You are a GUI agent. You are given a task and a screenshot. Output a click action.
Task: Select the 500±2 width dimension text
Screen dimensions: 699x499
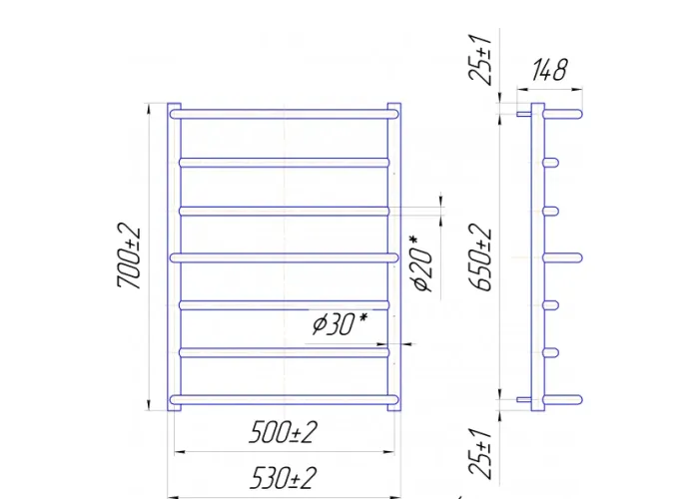(x=284, y=432)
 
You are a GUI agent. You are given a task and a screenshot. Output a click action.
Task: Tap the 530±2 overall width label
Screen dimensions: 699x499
(x=284, y=478)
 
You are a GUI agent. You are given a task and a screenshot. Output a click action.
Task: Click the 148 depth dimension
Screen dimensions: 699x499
(x=550, y=70)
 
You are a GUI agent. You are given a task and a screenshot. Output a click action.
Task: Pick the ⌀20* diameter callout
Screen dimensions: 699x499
(x=422, y=263)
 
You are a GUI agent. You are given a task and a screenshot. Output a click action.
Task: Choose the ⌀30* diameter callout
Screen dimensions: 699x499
(x=341, y=323)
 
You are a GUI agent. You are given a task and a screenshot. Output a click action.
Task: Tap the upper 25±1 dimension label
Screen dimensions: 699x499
(x=480, y=59)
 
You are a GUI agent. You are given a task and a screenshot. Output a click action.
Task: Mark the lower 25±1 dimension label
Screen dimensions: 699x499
(x=480, y=453)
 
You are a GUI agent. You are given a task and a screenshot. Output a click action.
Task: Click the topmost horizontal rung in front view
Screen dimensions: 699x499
(x=284, y=114)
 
